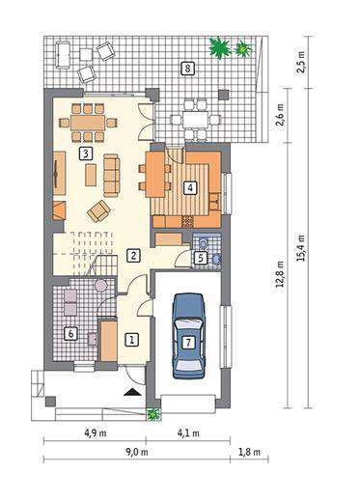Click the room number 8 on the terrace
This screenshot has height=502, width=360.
coord(188,69)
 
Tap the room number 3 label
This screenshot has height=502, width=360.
coord(85,153)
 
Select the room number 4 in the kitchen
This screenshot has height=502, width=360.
coord(190,187)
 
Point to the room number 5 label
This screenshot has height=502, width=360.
coord(201,258)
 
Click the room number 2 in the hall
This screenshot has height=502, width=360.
coord(133,256)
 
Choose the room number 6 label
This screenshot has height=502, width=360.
coord(70,334)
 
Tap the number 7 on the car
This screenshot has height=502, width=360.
coord(188,342)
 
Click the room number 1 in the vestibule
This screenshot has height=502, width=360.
coord(131,340)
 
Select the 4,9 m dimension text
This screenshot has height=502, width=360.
coord(96,433)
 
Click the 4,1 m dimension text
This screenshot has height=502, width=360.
coord(188,433)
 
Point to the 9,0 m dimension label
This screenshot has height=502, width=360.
coord(136,452)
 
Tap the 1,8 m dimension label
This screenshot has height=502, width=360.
coord(249,452)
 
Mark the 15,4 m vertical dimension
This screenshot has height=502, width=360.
coord(301,248)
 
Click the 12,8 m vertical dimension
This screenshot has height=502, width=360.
coord(281,273)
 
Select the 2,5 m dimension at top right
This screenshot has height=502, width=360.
coord(301,62)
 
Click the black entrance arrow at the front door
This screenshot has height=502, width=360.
coord(132,392)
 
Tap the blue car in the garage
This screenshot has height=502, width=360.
coord(188,336)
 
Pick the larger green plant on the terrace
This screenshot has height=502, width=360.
coord(220,47)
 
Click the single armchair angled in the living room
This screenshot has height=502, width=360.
coord(98,211)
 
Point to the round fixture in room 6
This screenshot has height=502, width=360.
coord(100,286)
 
